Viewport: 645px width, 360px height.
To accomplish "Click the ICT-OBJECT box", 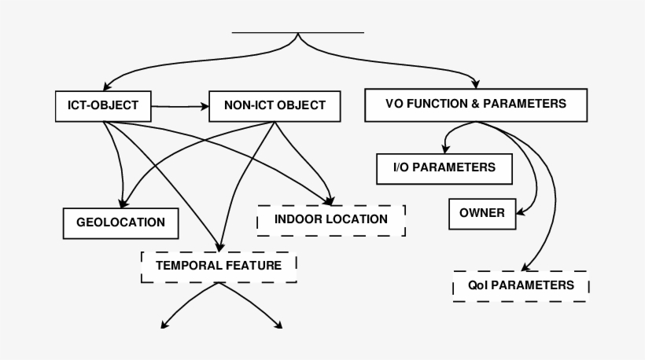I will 102,105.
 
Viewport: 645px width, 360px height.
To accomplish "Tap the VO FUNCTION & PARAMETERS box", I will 476,104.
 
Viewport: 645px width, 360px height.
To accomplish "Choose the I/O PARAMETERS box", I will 444,167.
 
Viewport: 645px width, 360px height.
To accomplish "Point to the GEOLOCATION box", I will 120,222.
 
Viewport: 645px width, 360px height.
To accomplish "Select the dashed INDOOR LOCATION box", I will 331,219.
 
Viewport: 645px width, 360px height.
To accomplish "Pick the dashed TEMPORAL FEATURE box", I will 219,266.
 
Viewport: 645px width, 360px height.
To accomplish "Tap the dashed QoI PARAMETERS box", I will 521,285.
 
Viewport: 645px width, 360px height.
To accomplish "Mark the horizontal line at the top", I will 298,32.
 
